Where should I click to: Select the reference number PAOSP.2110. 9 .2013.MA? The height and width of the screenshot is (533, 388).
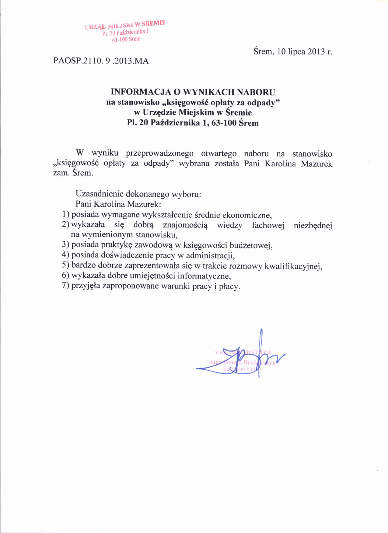(101, 61)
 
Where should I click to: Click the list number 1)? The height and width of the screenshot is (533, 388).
(66, 214)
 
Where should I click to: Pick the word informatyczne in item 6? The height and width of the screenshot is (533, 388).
(204, 276)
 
